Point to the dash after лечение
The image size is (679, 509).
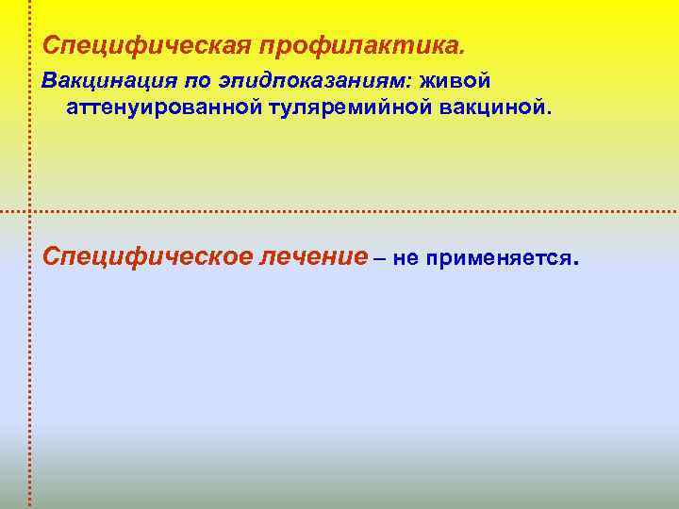click(379, 257)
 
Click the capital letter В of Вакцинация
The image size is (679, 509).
click(48, 83)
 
